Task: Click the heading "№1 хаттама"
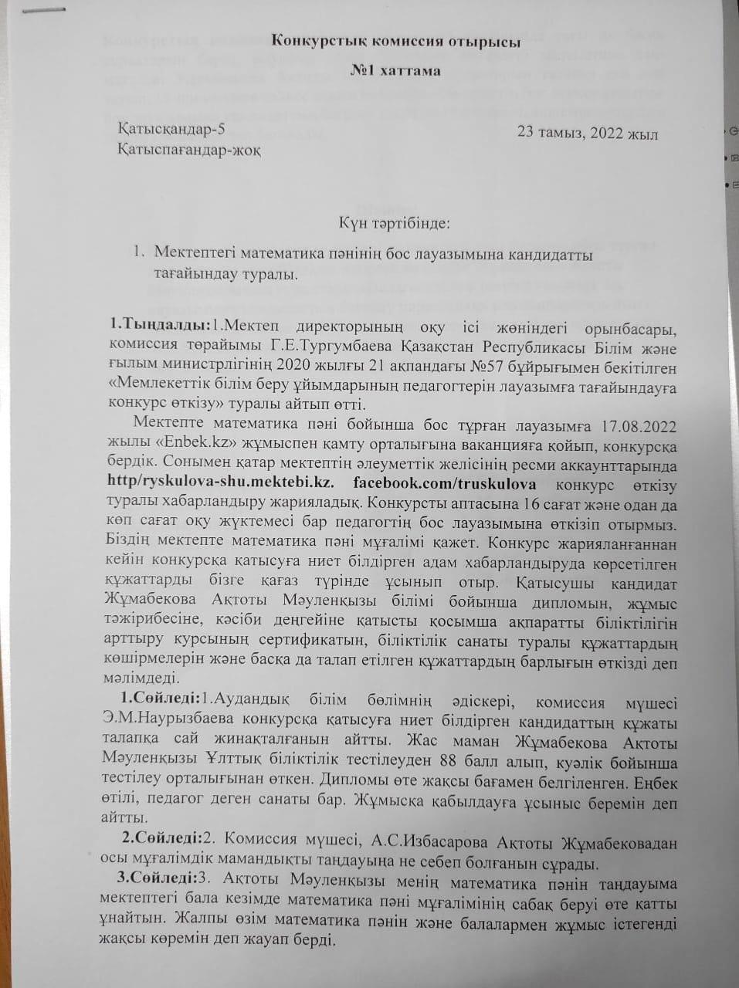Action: point(395,71)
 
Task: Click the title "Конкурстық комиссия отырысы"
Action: point(396,42)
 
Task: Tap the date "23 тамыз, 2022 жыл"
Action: point(588,133)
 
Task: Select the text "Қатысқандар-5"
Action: point(171,130)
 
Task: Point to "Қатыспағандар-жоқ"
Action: point(188,150)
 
